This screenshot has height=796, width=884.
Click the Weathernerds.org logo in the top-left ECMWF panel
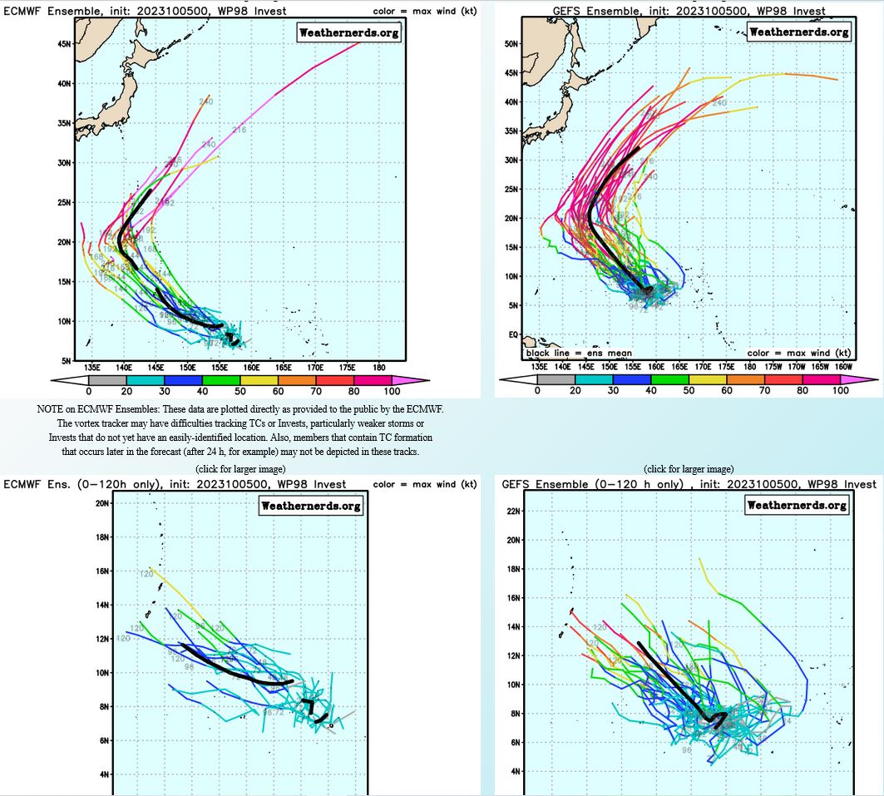348,32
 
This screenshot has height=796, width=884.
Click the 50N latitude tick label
511,43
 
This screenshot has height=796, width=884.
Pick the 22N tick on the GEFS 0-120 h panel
512,511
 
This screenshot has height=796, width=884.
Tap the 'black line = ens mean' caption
579,354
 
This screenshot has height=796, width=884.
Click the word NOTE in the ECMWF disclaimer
50,409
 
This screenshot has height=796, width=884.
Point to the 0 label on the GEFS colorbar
537,391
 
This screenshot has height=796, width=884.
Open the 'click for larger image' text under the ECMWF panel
240,469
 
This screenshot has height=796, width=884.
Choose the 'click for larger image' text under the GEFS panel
689,469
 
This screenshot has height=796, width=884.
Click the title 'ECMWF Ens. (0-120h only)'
86,484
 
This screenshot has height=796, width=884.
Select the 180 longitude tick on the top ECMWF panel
378,367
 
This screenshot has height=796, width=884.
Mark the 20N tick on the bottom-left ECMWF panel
103,503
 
